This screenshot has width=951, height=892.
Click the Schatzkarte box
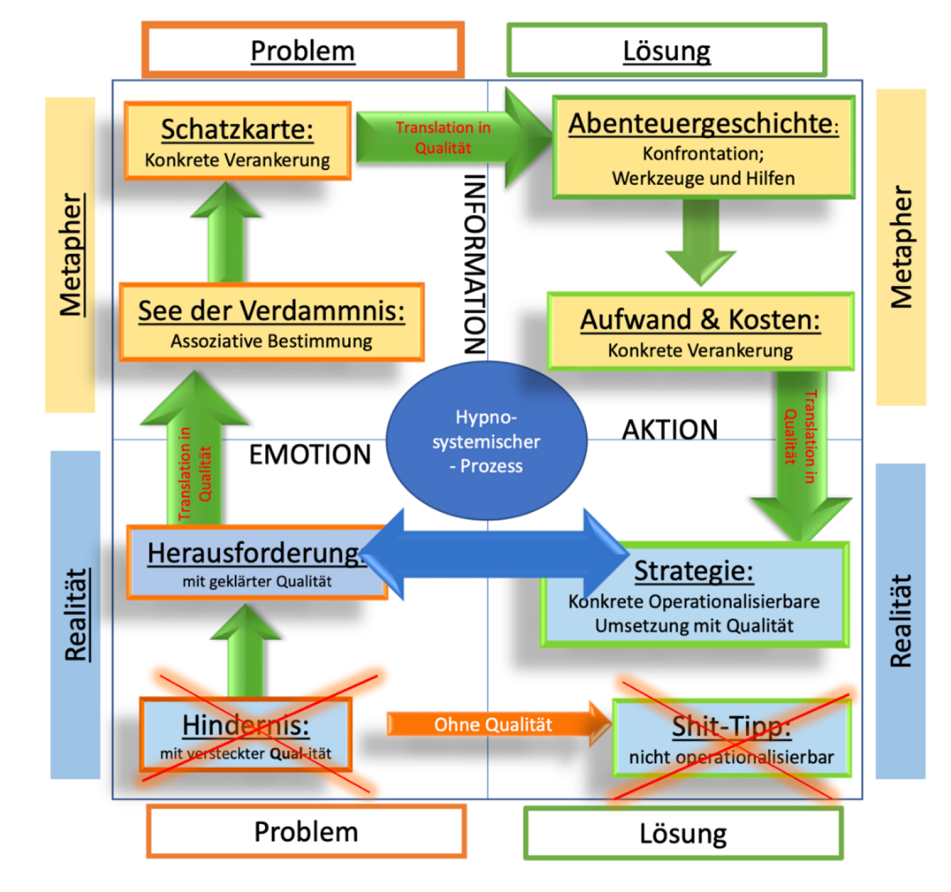pos(237,141)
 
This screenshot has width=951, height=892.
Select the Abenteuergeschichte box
pos(703,148)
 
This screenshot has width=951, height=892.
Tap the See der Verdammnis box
pos(271,323)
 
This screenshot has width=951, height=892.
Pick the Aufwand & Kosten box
pos(700,331)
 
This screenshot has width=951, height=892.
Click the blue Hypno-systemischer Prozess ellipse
pos(486,441)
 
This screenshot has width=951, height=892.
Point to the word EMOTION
pos(310,455)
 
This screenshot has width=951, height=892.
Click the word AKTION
pos(669,430)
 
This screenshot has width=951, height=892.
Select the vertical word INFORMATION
pos(474,264)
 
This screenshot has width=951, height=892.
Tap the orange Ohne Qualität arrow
pos(493,724)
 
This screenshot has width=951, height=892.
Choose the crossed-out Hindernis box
pos(246,735)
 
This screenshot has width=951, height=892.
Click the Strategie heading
pos(694,571)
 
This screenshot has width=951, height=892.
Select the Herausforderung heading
pos(253,554)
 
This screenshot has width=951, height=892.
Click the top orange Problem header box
pos(303,51)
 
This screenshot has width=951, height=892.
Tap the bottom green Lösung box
pos(683,833)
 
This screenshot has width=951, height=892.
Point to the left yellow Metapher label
pos(70,255)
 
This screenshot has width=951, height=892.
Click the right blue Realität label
pos(900,621)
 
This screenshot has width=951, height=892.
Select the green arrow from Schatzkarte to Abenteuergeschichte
pos(448,138)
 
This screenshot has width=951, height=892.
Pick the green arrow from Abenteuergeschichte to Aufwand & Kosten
pos(701,240)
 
